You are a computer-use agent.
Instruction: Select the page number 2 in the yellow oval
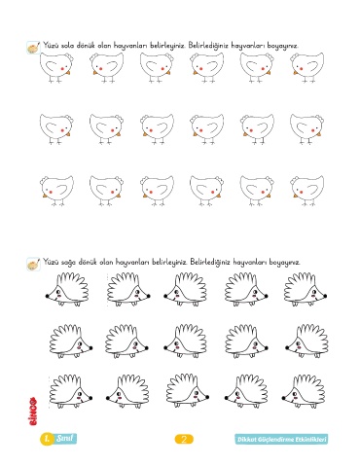[x=184, y=439]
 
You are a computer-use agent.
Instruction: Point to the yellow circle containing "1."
[x=48, y=439]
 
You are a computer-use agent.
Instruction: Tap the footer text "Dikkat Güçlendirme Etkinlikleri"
[x=281, y=440]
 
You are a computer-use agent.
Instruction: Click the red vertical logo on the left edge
[x=33, y=411]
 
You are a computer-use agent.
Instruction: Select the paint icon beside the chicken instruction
[x=33, y=48]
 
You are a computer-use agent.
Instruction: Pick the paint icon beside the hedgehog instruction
[x=33, y=264]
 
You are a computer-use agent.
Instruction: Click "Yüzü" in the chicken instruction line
[x=52, y=45]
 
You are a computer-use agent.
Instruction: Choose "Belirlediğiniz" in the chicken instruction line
[x=208, y=46]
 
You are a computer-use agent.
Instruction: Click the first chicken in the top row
[x=57, y=67]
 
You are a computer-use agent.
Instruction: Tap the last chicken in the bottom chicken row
[x=307, y=191]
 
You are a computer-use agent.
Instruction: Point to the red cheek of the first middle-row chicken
[x=62, y=130]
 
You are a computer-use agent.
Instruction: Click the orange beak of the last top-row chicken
[x=296, y=73]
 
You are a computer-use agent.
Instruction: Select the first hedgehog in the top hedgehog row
[x=66, y=290]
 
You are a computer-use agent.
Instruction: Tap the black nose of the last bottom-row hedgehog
[x=283, y=397]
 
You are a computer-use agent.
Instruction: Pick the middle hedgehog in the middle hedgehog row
[x=185, y=341]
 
